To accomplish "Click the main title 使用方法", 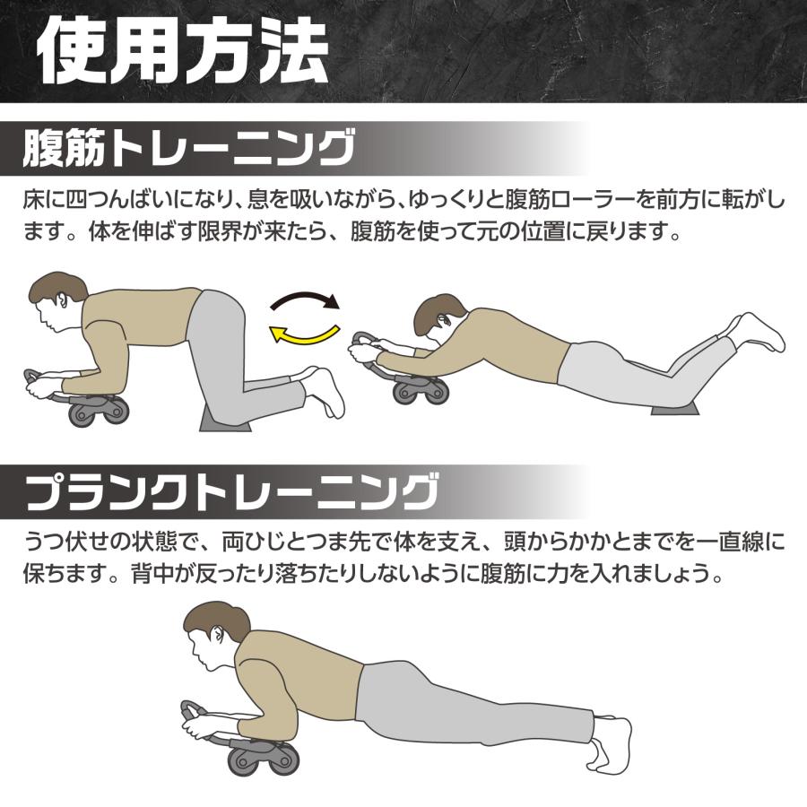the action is click(184, 51).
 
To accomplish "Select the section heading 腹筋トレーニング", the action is click(188, 148).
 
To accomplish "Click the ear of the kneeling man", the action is click(62, 300).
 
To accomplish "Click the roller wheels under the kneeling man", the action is click(97, 410).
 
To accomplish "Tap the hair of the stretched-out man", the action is click(436, 310).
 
